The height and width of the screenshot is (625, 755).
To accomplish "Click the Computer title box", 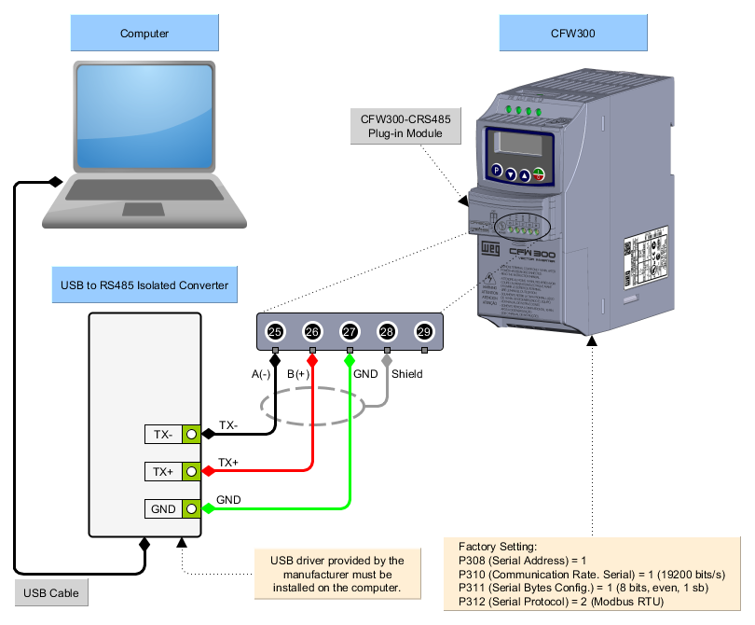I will click(x=144, y=34).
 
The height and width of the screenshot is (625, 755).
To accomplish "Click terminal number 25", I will click(x=275, y=331).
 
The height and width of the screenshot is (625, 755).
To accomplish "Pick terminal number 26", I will click(x=312, y=331).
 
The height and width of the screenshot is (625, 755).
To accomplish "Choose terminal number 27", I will click(x=350, y=331).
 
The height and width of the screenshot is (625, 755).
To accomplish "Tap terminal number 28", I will click(x=387, y=331).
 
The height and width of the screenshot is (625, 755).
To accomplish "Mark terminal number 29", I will click(x=424, y=331).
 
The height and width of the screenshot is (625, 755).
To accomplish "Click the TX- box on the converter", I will click(x=164, y=434).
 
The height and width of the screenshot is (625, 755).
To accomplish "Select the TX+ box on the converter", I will click(x=164, y=472).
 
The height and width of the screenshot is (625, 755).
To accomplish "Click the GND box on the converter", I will click(x=164, y=509).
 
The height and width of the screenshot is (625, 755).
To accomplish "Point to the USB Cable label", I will click(x=52, y=592).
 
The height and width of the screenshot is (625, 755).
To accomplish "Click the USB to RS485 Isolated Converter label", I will click(x=144, y=285).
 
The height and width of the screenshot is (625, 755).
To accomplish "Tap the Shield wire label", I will click(x=406, y=374).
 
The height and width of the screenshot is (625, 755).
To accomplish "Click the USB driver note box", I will click(x=337, y=574).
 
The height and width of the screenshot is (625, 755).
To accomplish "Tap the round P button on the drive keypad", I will click(x=496, y=172).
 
